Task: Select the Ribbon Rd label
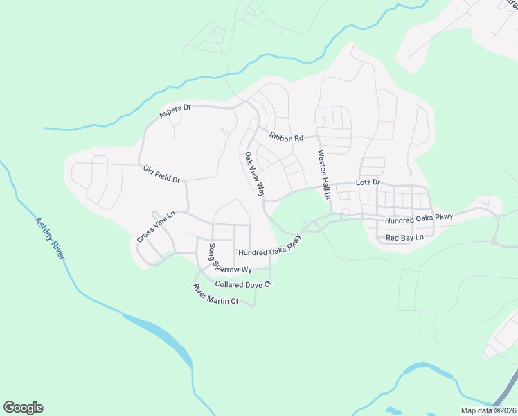pyautogui.click(x=287, y=137)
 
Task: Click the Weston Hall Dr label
pyautogui.click(x=324, y=175)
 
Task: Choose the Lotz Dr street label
pyautogui.click(x=368, y=182)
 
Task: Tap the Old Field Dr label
pyautogui.click(x=161, y=174)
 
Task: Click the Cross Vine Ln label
pyautogui.click(x=156, y=227)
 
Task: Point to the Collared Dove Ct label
pyautogui.click(x=244, y=284)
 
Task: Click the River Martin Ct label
pyautogui.click(x=215, y=296)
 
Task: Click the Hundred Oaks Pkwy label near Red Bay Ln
pyautogui.click(x=419, y=218)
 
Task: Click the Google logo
pyautogui.click(x=23, y=408)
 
